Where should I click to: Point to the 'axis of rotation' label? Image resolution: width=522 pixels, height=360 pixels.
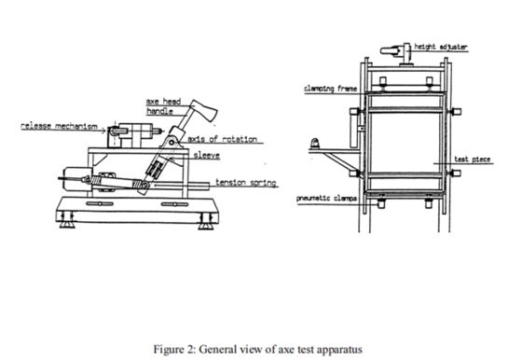coord(224,138)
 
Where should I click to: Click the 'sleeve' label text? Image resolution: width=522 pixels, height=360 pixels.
coord(208,157)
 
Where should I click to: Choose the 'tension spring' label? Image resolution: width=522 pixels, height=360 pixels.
coord(245,182)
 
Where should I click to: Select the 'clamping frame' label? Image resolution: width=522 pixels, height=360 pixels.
coord(327,89)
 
